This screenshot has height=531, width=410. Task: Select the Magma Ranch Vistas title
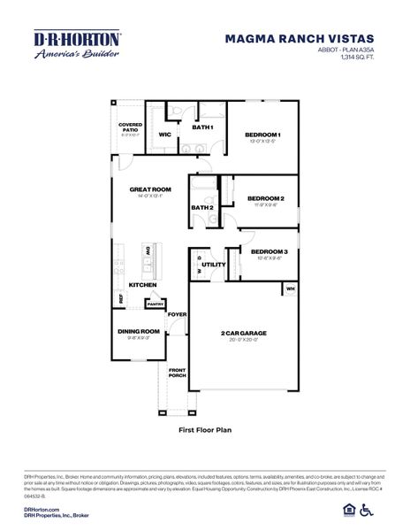tap(300, 39)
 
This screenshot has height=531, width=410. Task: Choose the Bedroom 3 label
tap(270, 251)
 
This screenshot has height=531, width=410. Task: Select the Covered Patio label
tap(130, 127)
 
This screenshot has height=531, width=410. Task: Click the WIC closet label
tap(164, 135)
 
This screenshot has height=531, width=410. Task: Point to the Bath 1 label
tap(202, 127)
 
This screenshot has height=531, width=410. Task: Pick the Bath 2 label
tap(201, 207)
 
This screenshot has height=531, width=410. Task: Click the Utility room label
tap(213, 264)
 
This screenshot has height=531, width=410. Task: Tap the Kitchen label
tap(142, 284)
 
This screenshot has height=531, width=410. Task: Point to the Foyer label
tap(178, 314)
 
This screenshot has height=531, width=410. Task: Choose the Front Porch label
tap(178, 373)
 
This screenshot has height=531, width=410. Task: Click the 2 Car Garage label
tap(243, 333)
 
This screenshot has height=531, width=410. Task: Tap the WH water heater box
tap(290, 289)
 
